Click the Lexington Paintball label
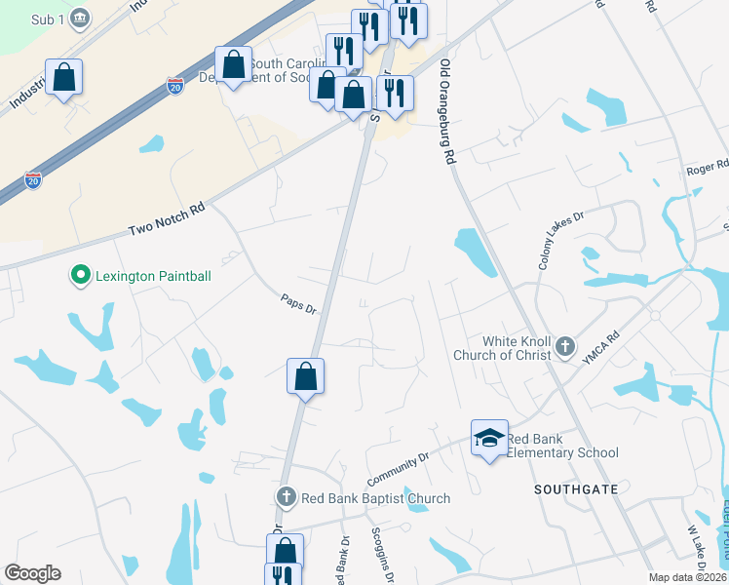[153, 276]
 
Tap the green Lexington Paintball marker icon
[80, 276]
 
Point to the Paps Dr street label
[299, 304]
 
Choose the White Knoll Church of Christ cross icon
[564, 345]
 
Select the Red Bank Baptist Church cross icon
[286, 497]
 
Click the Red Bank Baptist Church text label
[375, 498]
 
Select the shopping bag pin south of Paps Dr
[305, 375]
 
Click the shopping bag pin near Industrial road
[63, 77]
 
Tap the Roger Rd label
[709, 169]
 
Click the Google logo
[32, 573]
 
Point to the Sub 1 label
[44, 18]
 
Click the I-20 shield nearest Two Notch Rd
[33, 180]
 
